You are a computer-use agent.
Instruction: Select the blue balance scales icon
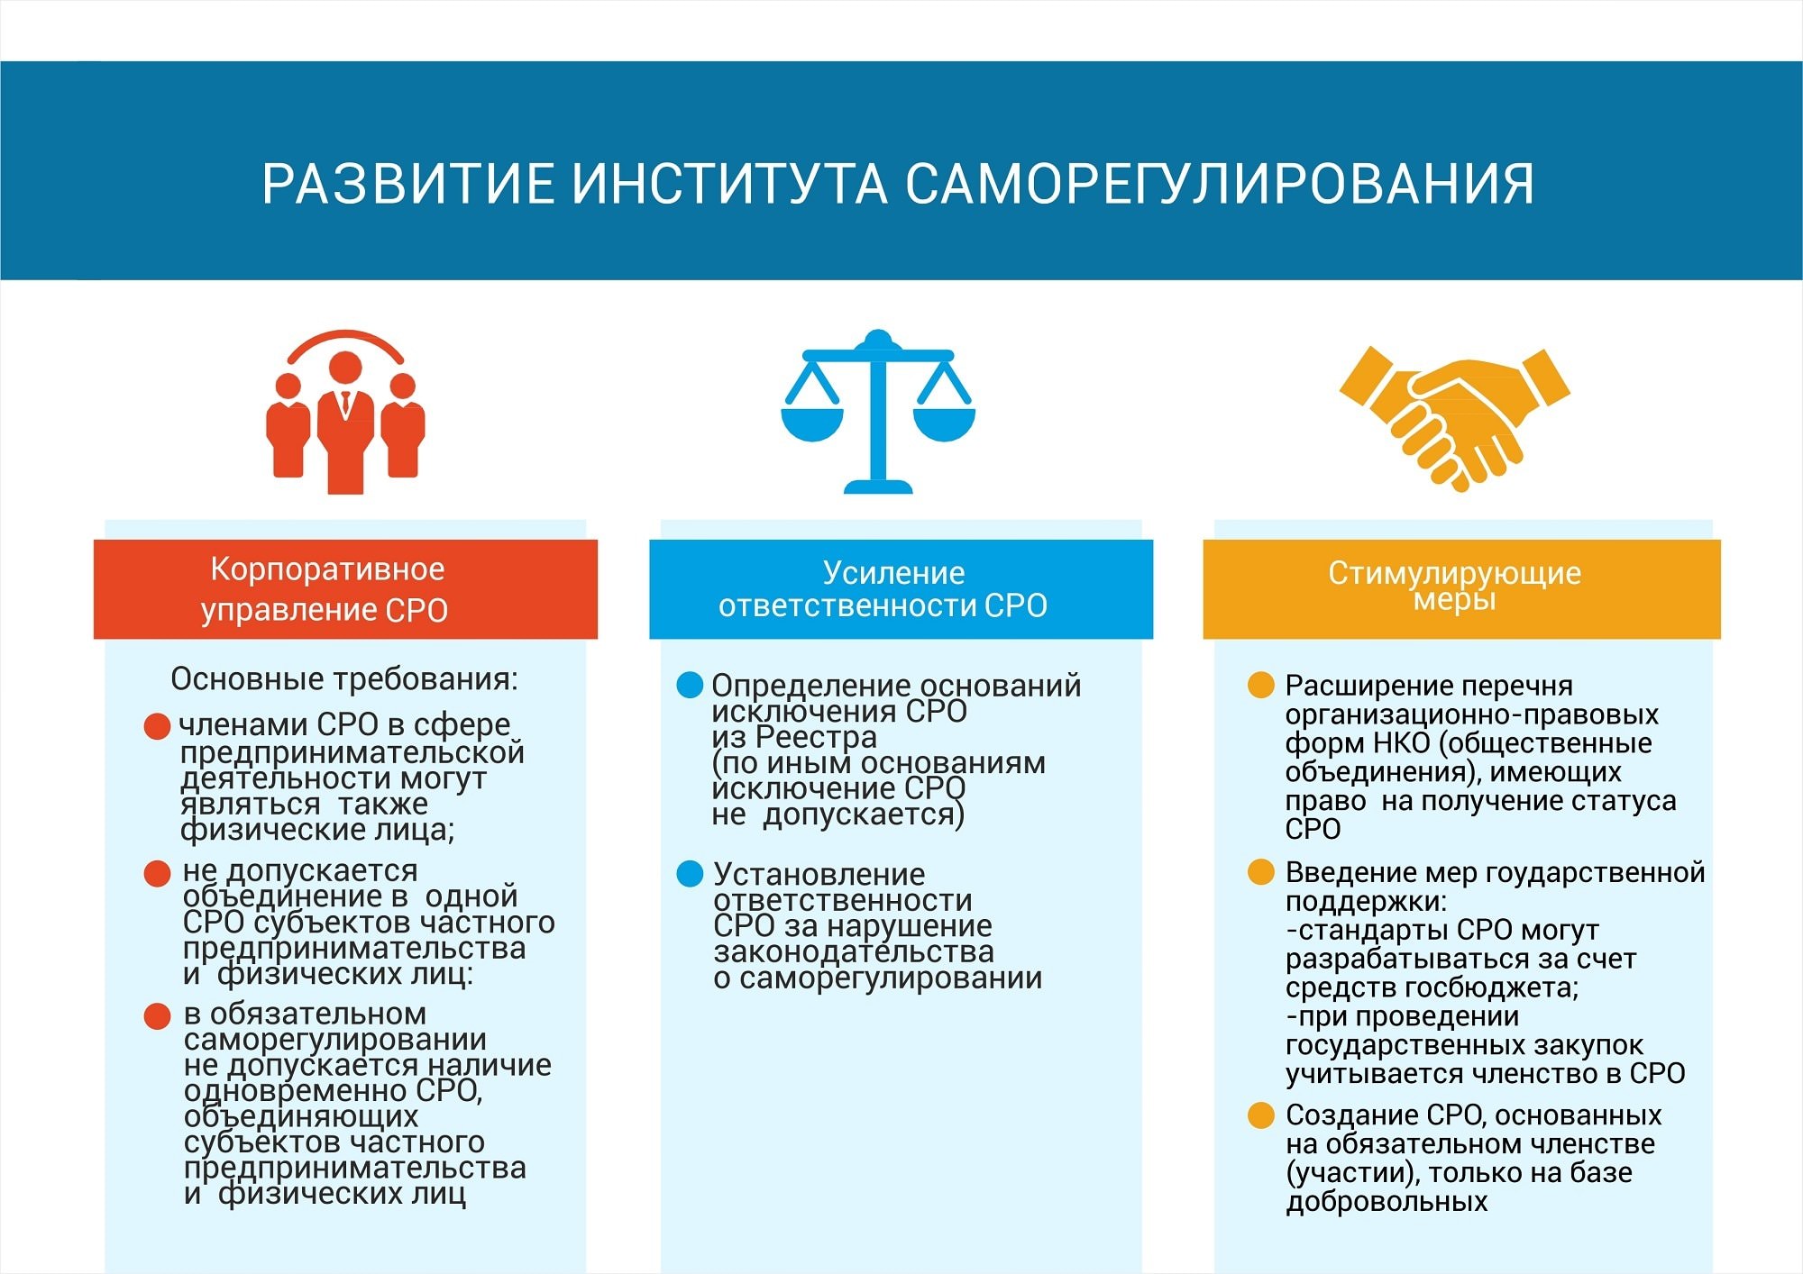tap(877, 413)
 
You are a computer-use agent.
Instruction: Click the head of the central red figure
tap(345, 369)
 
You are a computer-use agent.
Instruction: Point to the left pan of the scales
tap(811, 423)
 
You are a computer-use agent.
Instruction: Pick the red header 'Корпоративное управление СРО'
tap(345, 589)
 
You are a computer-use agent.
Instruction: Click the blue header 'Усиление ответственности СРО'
tap(901, 589)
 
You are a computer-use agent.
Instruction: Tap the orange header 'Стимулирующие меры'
tap(1461, 589)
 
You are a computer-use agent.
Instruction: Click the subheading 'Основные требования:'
tap(344, 679)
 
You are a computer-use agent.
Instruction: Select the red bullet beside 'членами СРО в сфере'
tap(158, 727)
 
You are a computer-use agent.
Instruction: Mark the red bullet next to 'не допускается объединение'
tap(158, 873)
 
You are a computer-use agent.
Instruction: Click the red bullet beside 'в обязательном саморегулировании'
tap(158, 1016)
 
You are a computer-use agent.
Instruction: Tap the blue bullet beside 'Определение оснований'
tap(690, 686)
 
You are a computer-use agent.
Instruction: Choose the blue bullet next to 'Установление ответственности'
tap(690, 874)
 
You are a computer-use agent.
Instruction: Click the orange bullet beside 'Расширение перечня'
tap(1260, 686)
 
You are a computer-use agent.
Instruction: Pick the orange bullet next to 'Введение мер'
tap(1260, 872)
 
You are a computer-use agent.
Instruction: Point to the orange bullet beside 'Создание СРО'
tap(1260, 1115)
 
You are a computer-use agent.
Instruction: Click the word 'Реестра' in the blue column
tap(816, 738)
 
